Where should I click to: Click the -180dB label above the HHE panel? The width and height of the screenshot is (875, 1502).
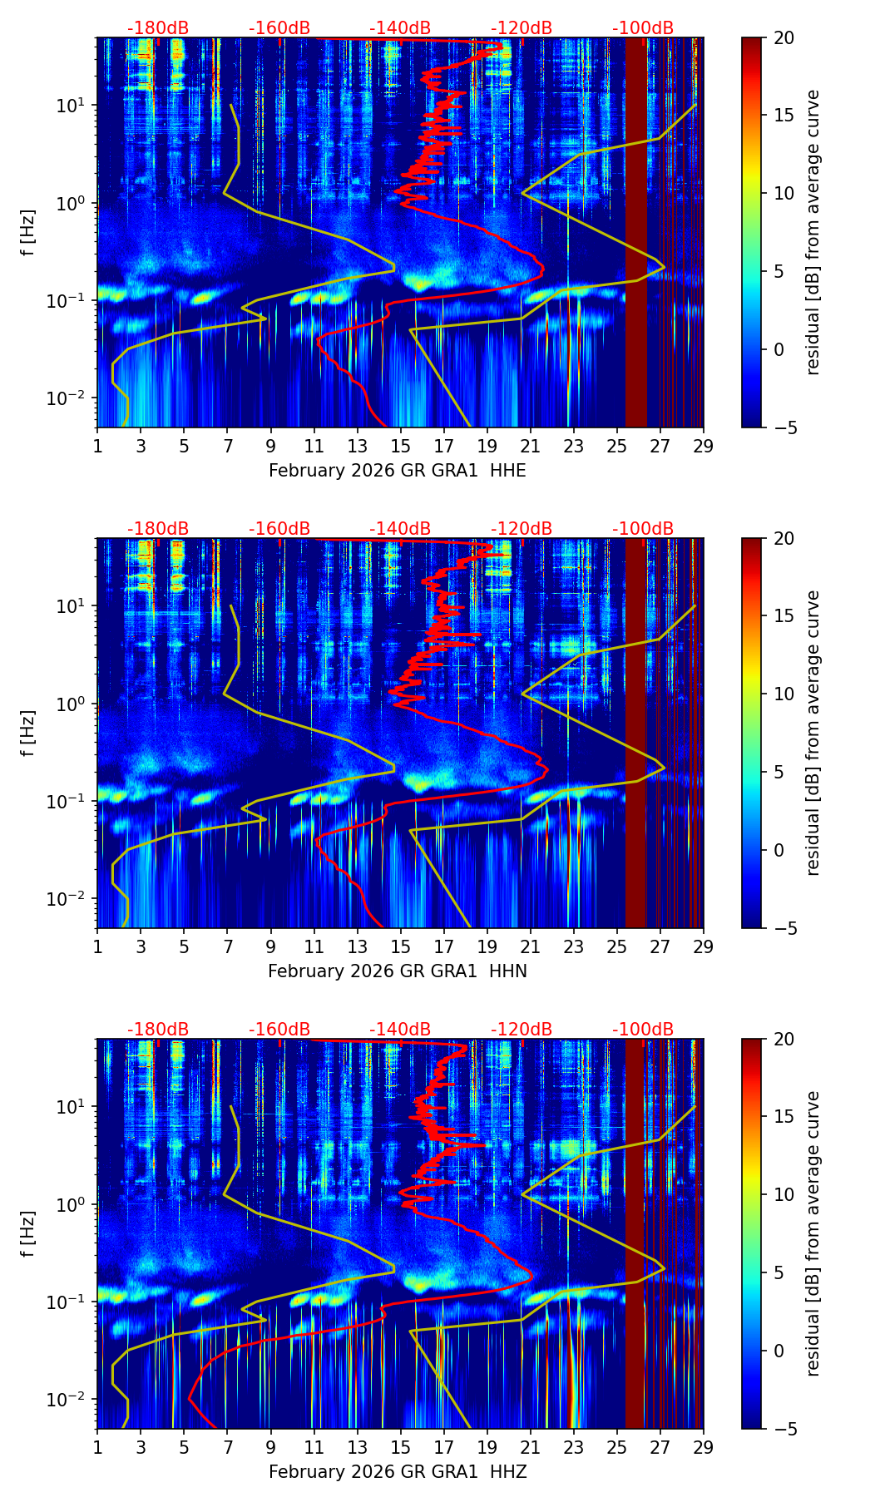(158, 28)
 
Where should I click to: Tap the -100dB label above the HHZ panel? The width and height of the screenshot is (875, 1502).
(643, 1030)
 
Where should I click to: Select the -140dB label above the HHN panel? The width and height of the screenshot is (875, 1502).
(400, 529)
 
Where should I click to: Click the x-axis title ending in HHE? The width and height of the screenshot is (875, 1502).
(398, 471)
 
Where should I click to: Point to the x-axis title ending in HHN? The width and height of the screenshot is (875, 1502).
(398, 971)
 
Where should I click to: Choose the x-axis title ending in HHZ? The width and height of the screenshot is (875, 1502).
(398, 1472)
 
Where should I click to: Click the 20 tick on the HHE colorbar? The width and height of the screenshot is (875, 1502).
(784, 37)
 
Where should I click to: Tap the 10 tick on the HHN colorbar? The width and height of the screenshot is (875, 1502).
(784, 694)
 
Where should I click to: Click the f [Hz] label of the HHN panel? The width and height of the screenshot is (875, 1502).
(28, 733)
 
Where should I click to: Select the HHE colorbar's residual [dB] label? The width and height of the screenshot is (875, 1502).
(813, 232)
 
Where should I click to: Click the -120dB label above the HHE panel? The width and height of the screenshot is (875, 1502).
(522, 28)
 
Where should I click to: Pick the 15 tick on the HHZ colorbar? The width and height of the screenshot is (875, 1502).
(784, 1116)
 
